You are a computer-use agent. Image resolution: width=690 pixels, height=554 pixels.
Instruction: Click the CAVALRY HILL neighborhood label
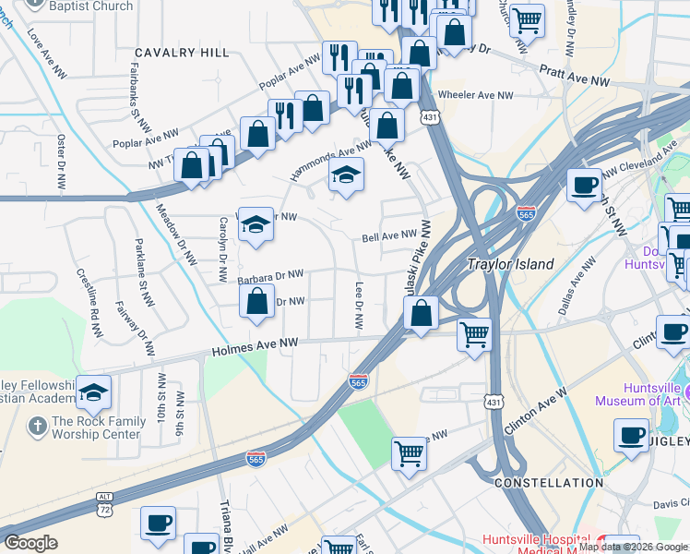[182, 53]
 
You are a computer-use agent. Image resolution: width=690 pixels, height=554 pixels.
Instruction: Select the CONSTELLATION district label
[548, 483]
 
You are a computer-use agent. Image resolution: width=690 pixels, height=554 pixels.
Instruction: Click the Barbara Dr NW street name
[270, 275]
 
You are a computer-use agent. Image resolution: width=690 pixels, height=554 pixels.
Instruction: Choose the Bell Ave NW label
[389, 237]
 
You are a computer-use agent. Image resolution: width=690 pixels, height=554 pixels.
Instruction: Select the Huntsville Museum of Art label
[637, 393]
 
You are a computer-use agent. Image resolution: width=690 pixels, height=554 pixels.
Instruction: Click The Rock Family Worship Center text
[99, 428]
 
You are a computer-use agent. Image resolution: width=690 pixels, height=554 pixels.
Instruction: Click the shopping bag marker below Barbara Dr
[256, 301]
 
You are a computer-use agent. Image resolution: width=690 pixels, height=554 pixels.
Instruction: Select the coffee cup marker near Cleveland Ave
[584, 185]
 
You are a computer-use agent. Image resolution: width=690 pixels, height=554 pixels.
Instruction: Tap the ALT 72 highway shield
[105, 504]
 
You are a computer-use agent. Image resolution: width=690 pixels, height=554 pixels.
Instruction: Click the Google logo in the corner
[30, 543]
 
